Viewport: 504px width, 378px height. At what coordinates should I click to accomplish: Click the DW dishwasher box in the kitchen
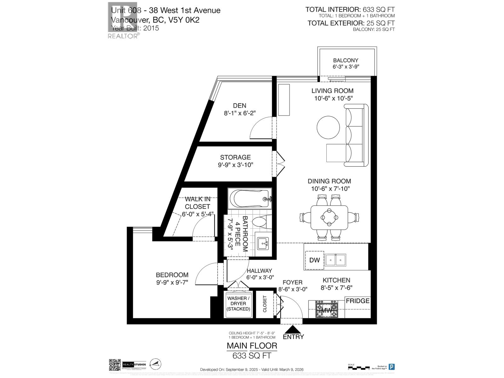[x=314, y=260]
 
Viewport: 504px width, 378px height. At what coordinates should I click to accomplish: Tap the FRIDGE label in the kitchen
[x=358, y=301]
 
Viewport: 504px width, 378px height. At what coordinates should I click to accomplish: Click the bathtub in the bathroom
[x=249, y=199]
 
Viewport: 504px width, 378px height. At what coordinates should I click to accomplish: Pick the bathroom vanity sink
[x=262, y=243]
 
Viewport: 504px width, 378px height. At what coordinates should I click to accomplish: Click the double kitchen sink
[x=335, y=260]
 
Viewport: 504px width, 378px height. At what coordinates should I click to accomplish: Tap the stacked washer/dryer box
[x=238, y=304]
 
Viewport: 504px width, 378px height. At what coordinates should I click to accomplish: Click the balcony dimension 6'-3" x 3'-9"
[x=346, y=67]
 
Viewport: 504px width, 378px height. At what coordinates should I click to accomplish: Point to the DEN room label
[x=240, y=106]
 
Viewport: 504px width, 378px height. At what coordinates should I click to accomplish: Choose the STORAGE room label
[x=235, y=157]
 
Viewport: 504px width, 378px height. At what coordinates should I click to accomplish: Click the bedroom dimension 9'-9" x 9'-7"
[x=172, y=283]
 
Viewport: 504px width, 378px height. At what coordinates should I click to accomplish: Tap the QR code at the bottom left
[x=115, y=365]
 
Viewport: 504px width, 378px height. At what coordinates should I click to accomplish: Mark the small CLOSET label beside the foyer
[x=265, y=304]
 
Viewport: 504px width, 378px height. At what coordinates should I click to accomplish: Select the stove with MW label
[x=326, y=309]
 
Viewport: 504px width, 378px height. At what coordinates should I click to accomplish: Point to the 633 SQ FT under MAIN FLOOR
[x=252, y=356]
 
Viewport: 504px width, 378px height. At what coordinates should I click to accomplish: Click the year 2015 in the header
[x=151, y=28]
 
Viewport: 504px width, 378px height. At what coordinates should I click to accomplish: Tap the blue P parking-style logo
[x=392, y=367]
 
